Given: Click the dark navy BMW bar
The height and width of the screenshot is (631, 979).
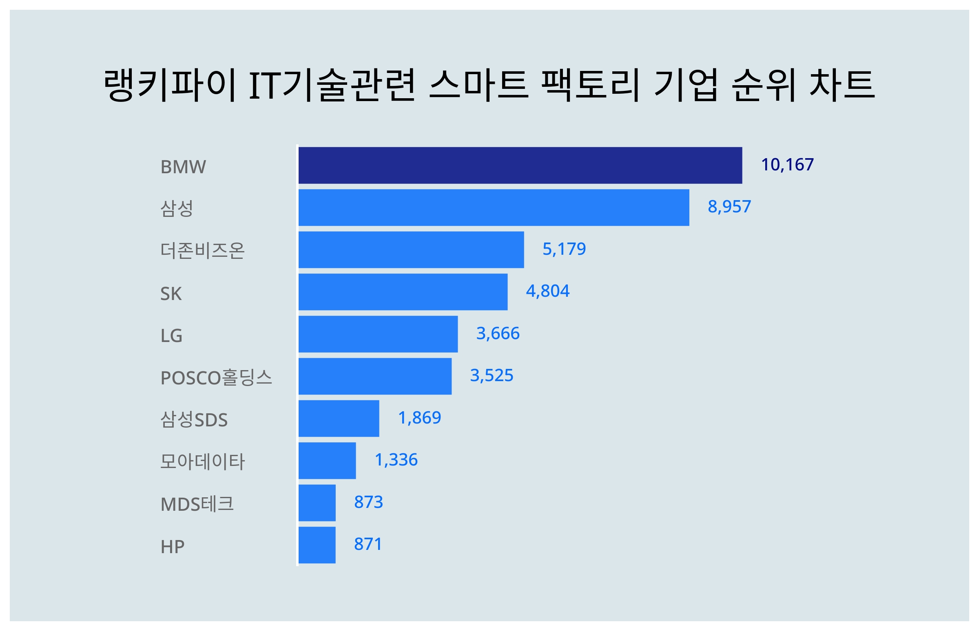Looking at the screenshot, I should tap(520, 165).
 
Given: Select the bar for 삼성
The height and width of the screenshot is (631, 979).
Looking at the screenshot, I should tap(494, 207).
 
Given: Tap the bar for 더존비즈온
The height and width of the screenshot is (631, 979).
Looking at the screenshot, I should tap(411, 249).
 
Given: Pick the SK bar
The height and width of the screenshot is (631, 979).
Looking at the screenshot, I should tap(403, 292).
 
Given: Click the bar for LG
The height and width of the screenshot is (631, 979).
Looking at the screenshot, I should tap(378, 334).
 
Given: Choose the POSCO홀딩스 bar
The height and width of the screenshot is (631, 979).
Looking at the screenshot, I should tap(375, 376).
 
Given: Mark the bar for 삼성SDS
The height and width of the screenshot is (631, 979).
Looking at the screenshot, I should tap(339, 418).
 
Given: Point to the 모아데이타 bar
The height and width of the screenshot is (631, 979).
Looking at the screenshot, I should tap(327, 461).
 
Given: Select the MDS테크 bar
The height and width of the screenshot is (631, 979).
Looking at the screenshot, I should tap(317, 503).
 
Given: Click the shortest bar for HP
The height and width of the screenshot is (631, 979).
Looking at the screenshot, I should tap(317, 545).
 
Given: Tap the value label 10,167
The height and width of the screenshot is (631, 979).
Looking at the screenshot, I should tap(787, 165).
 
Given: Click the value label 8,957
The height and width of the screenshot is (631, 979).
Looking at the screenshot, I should tap(729, 207).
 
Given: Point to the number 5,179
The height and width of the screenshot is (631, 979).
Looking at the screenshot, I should tap(564, 249).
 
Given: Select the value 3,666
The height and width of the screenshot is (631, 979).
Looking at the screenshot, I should tap(497, 333).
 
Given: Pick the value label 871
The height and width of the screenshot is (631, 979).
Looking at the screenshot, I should tap(368, 544).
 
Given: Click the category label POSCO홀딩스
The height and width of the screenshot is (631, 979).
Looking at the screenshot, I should tap(216, 377).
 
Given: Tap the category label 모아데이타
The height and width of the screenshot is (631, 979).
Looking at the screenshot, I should tap(202, 461).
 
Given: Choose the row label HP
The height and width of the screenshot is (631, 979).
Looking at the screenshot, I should tap(172, 547).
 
